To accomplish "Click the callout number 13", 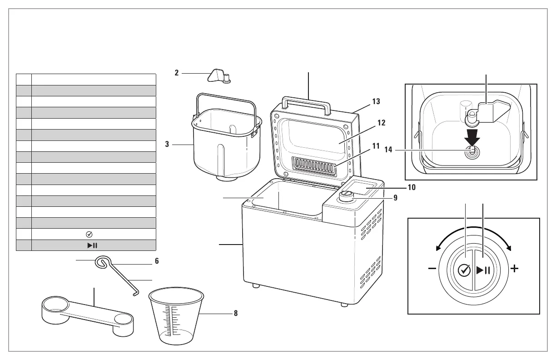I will pyautogui.click(x=376, y=102).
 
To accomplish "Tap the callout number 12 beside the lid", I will pyautogui.click(x=381, y=123).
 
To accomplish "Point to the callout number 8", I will pyautogui.click(x=235, y=313).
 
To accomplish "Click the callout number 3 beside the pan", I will pyautogui.click(x=167, y=144).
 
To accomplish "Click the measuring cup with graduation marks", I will pyautogui.click(x=176, y=316).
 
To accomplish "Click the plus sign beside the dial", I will pyautogui.click(x=514, y=269).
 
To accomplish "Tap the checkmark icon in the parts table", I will pyautogui.click(x=89, y=234).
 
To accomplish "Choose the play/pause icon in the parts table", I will pyautogui.click(x=89, y=245).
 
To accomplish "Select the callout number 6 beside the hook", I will pyautogui.click(x=156, y=261).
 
